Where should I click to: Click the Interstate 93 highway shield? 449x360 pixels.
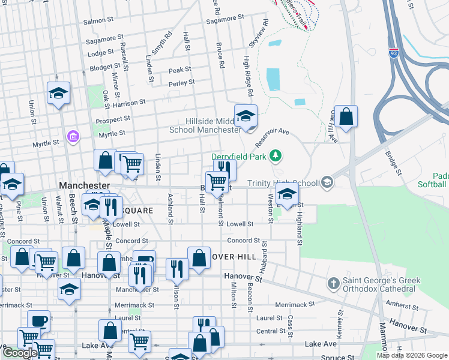(394, 53)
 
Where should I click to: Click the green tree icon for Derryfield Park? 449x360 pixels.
(276, 157)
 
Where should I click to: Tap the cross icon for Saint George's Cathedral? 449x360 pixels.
(333, 283)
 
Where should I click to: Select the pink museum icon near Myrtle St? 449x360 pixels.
(73, 137)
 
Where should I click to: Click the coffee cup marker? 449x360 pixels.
(39, 320)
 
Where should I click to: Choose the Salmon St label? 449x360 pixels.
(98, 21)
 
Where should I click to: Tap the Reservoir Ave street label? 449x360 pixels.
(272, 138)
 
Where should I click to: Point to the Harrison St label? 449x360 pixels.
(129, 103)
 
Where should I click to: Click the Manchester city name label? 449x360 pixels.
(85, 186)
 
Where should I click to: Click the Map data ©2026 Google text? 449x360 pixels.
(411, 355)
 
